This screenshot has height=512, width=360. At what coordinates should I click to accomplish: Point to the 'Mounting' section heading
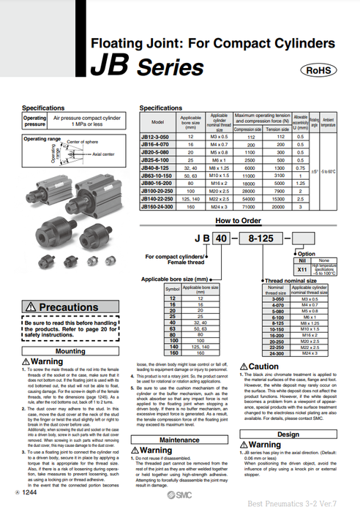(x=70, y=351)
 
